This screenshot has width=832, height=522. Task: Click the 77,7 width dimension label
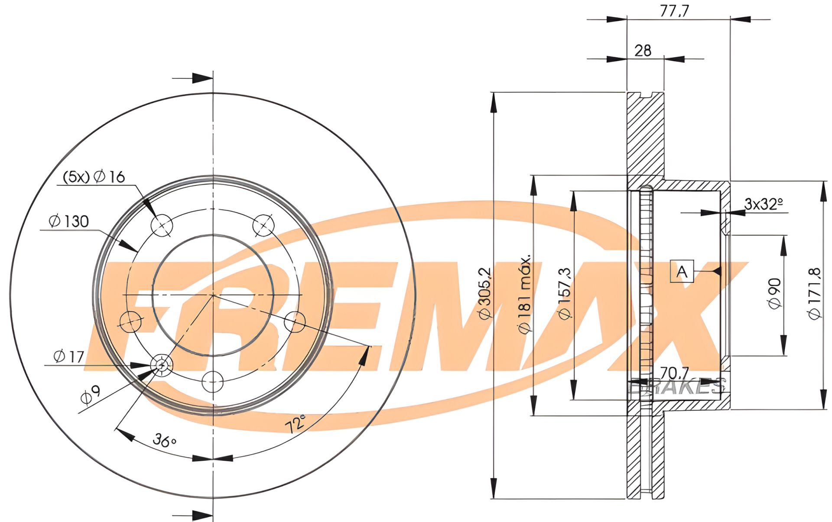point(674,10)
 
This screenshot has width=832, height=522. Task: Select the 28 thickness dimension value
point(643,51)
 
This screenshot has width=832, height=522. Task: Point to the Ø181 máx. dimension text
point(525,295)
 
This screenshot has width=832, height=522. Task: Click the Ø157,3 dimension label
point(565,293)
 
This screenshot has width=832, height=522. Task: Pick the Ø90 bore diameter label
point(775,293)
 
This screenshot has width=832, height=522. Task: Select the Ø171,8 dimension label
point(815,293)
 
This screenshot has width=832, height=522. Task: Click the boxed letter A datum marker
point(682,272)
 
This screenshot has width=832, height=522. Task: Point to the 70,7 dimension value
point(674,373)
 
